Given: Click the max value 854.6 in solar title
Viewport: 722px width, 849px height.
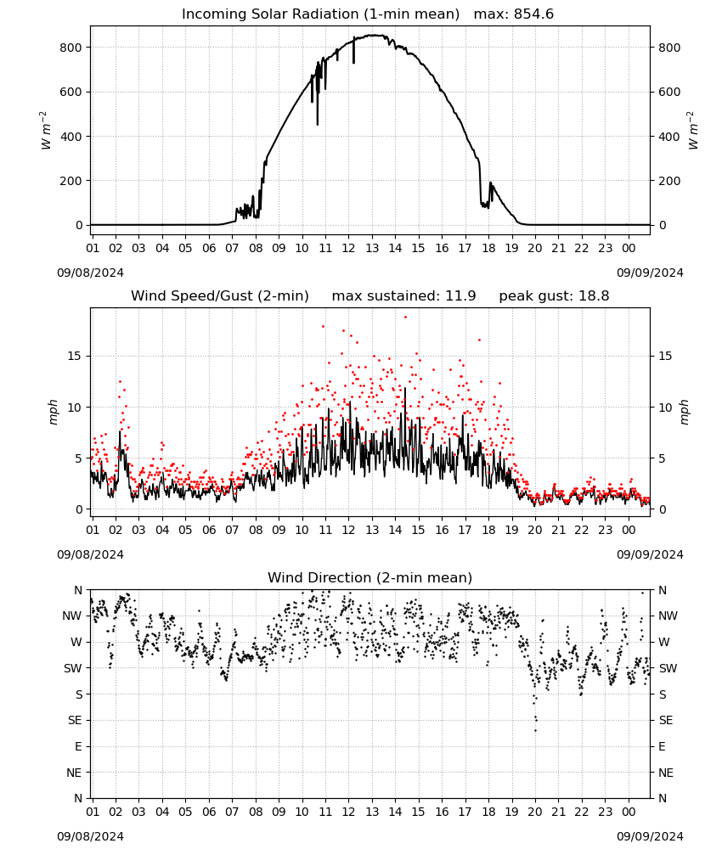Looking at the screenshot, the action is [x=533, y=14].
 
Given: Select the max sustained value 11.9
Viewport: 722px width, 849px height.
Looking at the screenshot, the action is [x=460, y=296].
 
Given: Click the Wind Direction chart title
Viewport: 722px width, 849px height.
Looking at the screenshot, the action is [x=370, y=577].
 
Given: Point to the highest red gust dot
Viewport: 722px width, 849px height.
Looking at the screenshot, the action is [x=405, y=318].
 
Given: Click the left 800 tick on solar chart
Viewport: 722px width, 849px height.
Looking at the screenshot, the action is [x=71, y=48].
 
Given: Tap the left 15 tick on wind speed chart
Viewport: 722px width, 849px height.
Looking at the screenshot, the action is [x=75, y=356].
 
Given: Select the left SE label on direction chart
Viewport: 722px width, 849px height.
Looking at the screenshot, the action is [x=75, y=720].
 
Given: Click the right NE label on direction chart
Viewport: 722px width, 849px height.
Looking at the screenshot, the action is [x=666, y=773].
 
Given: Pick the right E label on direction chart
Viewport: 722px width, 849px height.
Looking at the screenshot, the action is [x=662, y=746].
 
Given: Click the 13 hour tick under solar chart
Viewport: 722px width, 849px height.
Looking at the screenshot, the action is [x=372, y=248].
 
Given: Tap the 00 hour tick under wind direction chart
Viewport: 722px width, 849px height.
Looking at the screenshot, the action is [x=629, y=812].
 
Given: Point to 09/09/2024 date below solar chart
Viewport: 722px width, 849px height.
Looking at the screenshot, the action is [x=650, y=273].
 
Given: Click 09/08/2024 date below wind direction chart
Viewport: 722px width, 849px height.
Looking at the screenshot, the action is [x=90, y=836].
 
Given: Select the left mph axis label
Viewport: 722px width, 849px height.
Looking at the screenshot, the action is [x=53, y=412].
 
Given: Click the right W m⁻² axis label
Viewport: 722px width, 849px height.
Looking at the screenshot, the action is [x=693, y=131].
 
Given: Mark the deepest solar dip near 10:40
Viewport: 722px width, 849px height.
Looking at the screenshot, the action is [x=318, y=125].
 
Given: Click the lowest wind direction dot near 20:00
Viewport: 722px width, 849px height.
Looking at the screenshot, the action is [x=536, y=730].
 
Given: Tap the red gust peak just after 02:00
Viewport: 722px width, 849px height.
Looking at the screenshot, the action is [x=121, y=382].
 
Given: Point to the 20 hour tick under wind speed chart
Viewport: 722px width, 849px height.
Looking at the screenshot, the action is [x=535, y=530].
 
